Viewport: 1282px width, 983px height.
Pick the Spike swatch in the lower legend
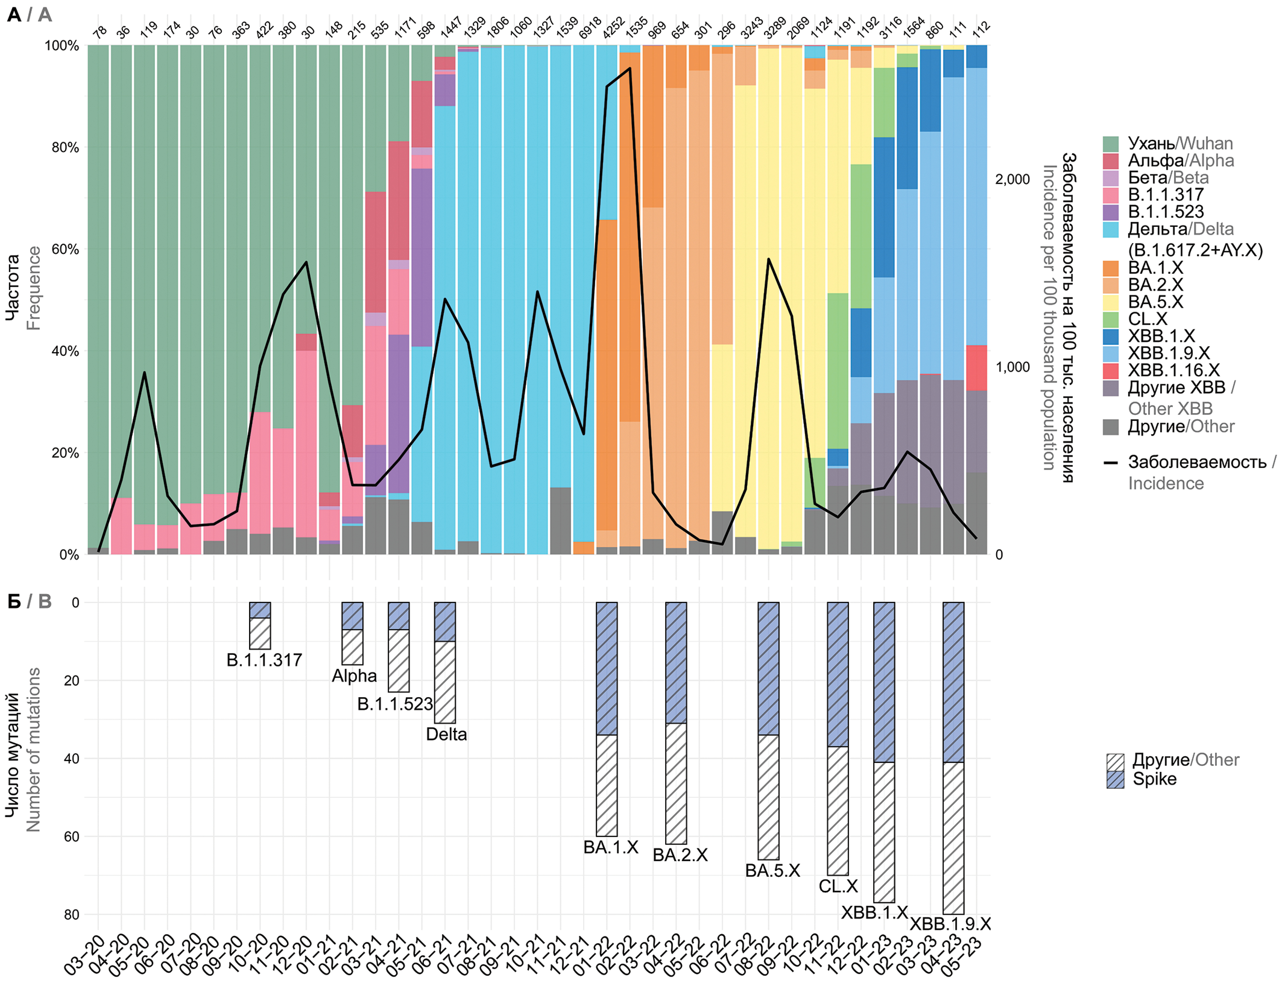coord(1115,779)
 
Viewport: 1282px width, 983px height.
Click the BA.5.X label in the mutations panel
coord(772,871)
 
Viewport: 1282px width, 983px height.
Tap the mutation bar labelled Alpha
coord(352,633)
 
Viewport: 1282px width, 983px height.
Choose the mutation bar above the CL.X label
coord(837,738)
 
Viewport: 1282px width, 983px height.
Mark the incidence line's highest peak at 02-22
coord(630,68)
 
